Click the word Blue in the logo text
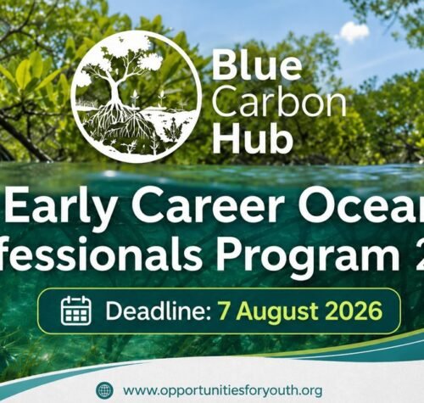click(x=257, y=66)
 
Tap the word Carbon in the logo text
click(x=279, y=101)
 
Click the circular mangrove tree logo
click(x=137, y=97)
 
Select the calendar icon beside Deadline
click(x=76, y=310)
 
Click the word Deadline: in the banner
click(x=159, y=311)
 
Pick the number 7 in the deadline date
click(x=224, y=311)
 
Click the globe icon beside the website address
click(x=104, y=390)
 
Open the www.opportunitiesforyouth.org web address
click(x=222, y=391)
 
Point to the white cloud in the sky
click(x=354, y=32)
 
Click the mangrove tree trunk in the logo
click(x=115, y=91)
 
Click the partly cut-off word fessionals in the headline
click(x=100, y=253)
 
